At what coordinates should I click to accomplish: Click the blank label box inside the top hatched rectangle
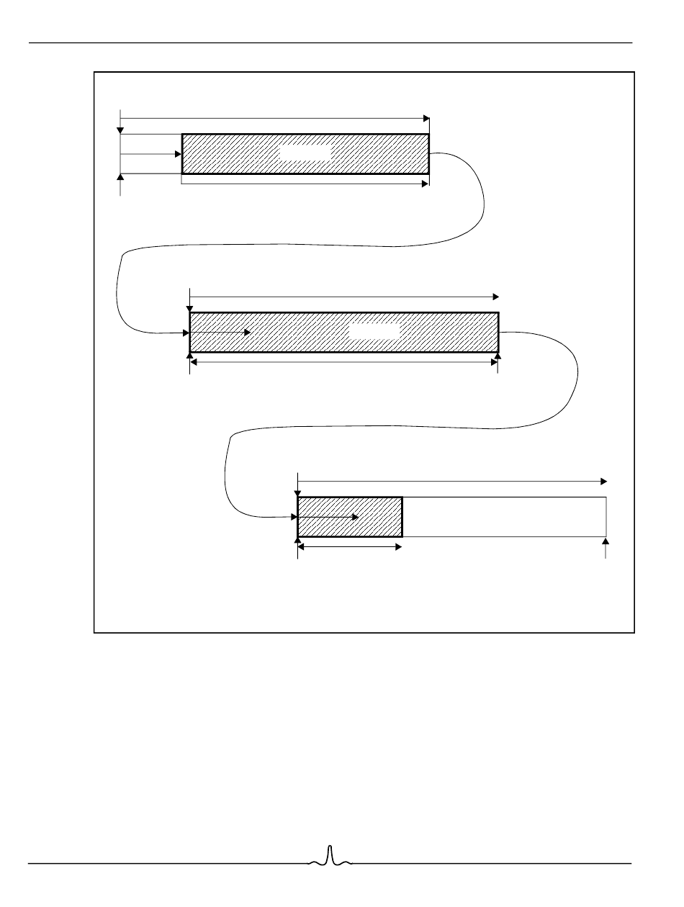[x=305, y=153]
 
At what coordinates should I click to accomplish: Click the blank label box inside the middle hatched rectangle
[x=374, y=332]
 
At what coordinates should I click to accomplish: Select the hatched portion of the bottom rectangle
[x=350, y=517]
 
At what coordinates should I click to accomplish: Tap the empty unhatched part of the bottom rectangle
[x=504, y=517]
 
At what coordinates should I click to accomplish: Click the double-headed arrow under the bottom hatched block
[x=350, y=547]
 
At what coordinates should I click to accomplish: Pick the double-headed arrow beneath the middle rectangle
[x=343, y=362]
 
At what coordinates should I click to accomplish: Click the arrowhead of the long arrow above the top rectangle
[x=426, y=117]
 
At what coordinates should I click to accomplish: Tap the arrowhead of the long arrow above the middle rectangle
[x=495, y=296]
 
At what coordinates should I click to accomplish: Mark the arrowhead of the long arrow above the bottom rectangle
[x=604, y=480]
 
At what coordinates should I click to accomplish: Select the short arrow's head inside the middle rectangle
[x=247, y=333]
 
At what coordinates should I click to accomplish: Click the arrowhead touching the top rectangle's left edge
[x=178, y=153]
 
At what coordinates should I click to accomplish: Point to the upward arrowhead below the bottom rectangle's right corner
[x=606, y=541]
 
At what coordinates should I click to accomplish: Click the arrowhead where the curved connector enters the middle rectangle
[x=186, y=333]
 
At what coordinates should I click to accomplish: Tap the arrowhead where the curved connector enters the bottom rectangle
[x=294, y=516]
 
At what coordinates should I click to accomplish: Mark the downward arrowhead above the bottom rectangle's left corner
[x=297, y=492]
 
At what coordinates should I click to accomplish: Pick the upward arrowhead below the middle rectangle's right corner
[x=498, y=356]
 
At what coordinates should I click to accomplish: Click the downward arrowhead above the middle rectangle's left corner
[x=189, y=308]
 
